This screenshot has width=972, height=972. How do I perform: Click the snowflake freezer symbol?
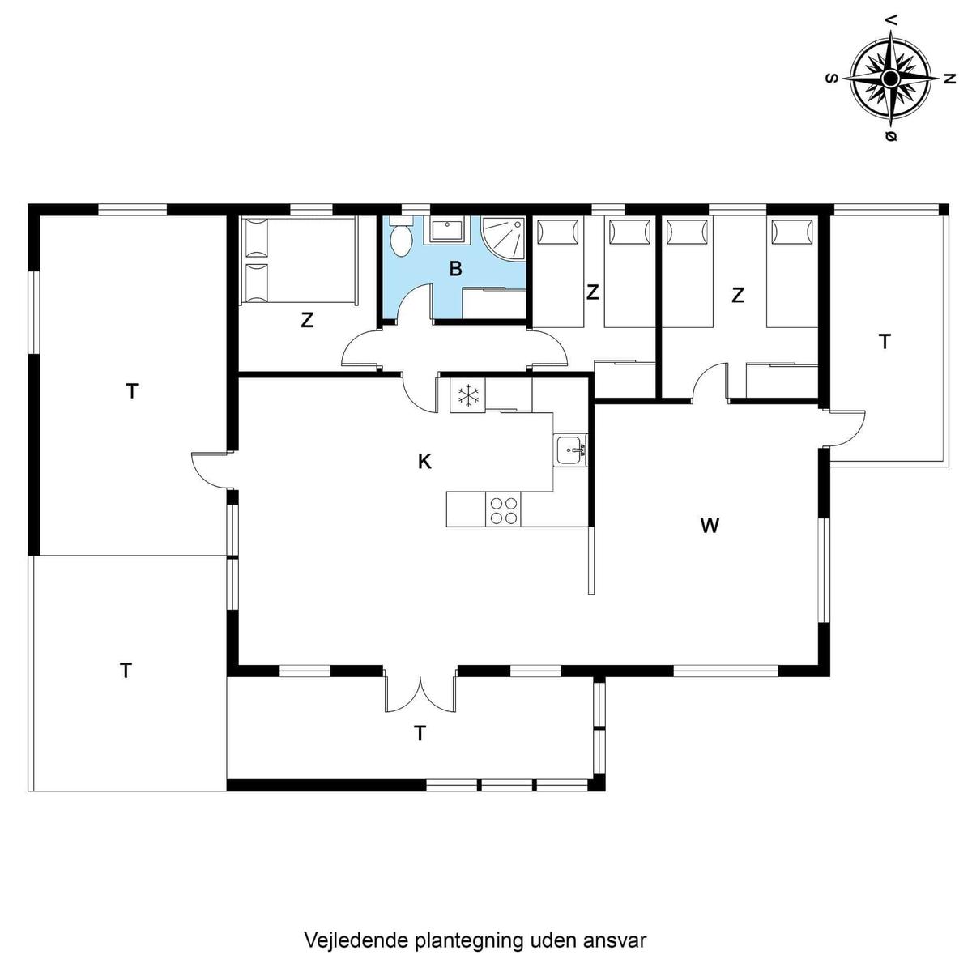pos(467,395)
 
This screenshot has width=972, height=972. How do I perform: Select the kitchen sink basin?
pos(570,450)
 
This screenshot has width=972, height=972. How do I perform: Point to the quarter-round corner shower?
pos(503,239)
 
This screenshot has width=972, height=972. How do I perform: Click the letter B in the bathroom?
pos(455,269)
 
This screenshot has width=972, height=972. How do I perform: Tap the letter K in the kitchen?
pos(424,461)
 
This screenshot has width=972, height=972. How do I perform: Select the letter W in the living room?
pos(710,526)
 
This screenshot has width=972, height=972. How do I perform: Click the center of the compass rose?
pos(890,79)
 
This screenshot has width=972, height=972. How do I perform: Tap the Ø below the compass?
pos(891,136)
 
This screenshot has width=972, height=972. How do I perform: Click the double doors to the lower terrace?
pos(420,689)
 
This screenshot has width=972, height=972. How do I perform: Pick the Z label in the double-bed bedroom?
pos(307,320)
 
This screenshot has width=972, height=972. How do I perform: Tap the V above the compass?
pos(891,33)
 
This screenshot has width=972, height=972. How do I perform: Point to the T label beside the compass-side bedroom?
pos(885,342)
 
